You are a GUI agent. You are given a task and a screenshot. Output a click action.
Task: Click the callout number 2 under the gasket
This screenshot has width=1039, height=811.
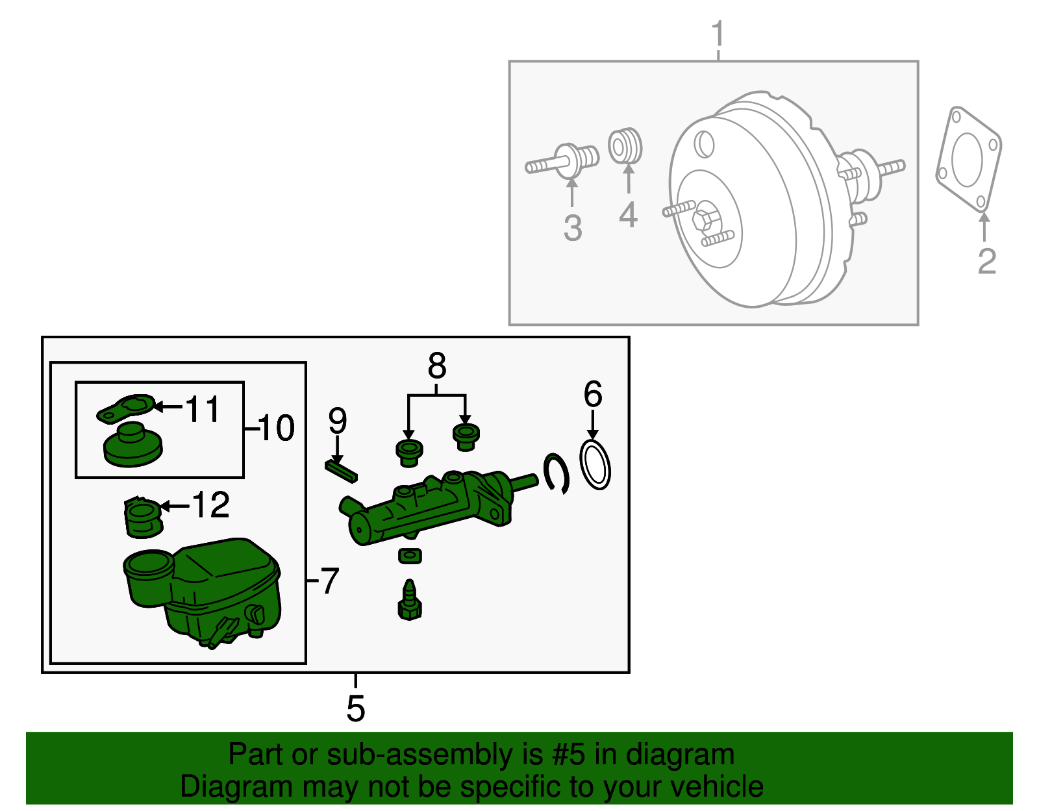[x=986, y=262]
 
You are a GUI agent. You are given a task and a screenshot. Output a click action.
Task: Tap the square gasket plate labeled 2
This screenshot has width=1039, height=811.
[x=968, y=160]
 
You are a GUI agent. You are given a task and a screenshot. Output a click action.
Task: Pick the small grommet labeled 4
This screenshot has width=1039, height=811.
[x=625, y=147]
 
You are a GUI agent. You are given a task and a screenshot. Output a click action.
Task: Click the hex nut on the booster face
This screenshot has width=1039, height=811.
[x=706, y=219]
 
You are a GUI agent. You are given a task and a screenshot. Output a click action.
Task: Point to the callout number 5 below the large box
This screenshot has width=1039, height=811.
[x=355, y=708]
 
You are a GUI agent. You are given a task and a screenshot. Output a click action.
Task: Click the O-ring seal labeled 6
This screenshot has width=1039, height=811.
[x=595, y=464]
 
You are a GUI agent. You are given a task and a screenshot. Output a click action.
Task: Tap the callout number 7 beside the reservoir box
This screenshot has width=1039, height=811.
[x=330, y=580]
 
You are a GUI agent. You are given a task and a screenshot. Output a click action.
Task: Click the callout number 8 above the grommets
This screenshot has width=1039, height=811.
[x=436, y=366]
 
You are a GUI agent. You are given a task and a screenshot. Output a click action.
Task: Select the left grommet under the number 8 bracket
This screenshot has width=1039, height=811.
[x=409, y=452]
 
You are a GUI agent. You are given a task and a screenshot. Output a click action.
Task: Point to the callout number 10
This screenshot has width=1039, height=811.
[x=276, y=428]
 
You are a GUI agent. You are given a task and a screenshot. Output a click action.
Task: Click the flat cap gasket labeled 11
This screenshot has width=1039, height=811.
[x=127, y=408]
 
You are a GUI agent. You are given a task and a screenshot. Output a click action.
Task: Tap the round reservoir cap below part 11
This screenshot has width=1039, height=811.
[x=132, y=445]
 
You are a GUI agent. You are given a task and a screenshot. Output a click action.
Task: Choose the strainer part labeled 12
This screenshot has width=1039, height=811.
[x=142, y=518]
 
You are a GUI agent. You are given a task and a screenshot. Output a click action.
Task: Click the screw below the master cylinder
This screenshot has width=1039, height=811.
[x=409, y=601]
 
